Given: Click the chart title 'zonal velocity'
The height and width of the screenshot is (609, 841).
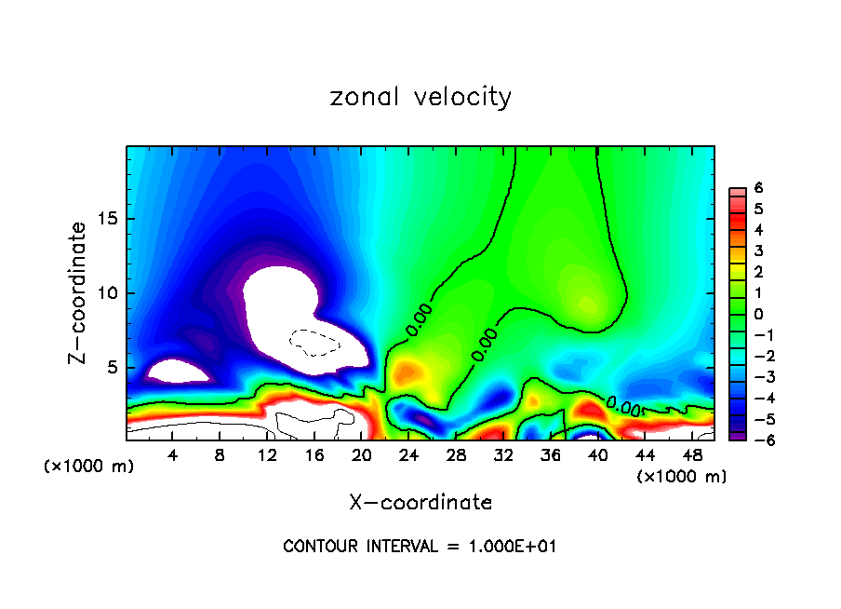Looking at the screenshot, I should [420, 97].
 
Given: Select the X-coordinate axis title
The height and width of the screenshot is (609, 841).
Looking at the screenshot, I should [420, 503].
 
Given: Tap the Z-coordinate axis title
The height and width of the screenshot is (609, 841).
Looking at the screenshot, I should [79, 292].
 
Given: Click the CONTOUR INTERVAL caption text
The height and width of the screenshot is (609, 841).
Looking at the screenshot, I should [420, 547].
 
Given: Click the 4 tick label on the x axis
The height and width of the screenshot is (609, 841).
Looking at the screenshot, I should [173, 455].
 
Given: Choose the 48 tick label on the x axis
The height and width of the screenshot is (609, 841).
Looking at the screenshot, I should [693, 455].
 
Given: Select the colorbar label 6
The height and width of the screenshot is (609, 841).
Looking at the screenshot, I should [758, 188].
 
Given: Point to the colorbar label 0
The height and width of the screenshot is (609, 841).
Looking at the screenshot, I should [758, 314].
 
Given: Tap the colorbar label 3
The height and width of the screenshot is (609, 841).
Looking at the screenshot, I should [758, 250].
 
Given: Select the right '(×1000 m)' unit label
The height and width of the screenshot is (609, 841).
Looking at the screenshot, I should [682, 477].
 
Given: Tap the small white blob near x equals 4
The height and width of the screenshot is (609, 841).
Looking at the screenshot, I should [180, 372].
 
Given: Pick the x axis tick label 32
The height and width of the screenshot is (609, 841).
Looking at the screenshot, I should [503, 455].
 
